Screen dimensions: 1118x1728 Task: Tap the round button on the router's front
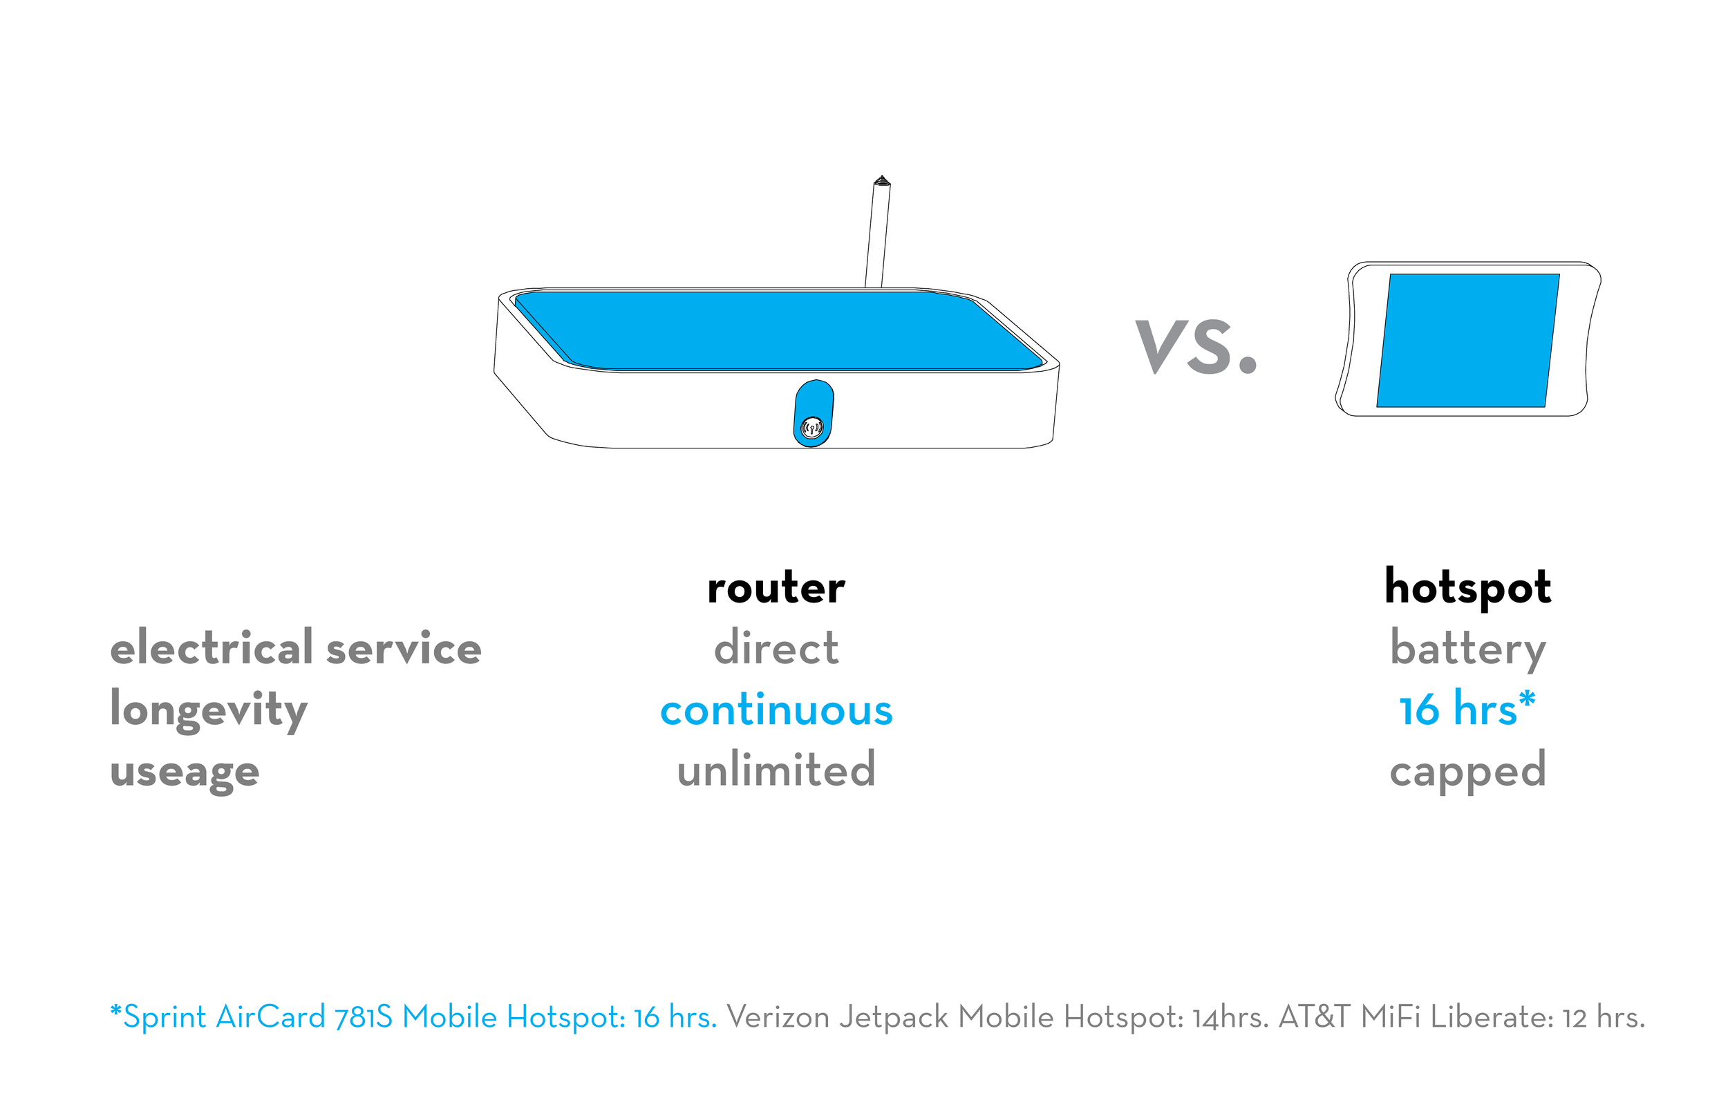tap(811, 428)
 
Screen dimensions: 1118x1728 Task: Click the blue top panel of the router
tap(777, 330)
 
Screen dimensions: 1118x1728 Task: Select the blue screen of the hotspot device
tap(1468, 340)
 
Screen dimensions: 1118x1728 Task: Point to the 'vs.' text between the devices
tap(1196, 346)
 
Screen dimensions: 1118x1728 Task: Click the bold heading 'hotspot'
tap(1467, 587)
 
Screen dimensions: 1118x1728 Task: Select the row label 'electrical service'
tap(296, 647)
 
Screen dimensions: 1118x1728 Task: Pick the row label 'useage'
tap(185, 771)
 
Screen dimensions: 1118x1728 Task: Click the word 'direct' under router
tap(776, 647)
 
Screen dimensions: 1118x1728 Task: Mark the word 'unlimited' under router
tap(776, 770)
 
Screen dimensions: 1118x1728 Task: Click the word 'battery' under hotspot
tap(1467, 648)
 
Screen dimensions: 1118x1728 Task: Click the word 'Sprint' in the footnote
tap(165, 1017)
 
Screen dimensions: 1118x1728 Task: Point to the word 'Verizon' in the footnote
tap(778, 1017)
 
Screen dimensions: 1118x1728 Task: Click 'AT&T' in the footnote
tap(1314, 1017)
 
